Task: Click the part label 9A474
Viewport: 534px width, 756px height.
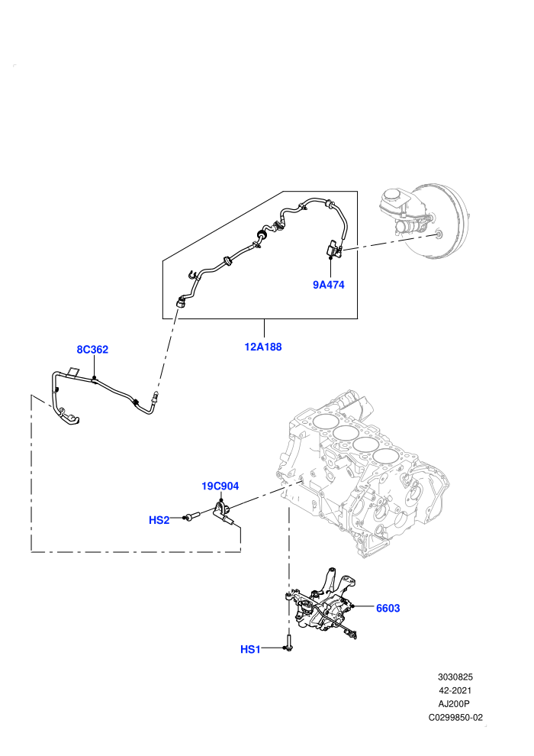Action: click(328, 285)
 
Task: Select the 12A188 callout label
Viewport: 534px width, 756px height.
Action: click(263, 347)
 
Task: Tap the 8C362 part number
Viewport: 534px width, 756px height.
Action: click(92, 350)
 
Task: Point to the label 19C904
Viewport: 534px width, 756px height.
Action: click(220, 486)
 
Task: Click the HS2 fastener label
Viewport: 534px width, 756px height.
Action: click(159, 520)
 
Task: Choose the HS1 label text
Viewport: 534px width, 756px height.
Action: click(250, 649)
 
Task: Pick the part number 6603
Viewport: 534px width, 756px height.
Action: click(388, 608)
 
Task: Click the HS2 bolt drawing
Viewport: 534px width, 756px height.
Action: click(193, 517)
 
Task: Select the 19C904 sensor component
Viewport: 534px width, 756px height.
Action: click(224, 513)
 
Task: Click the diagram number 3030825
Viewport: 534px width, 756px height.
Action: click(455, 677)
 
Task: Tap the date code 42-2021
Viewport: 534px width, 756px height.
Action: click(455, 690)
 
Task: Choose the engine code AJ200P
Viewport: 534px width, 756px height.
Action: click(455, 704)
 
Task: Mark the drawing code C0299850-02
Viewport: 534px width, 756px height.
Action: click(455, 717)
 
